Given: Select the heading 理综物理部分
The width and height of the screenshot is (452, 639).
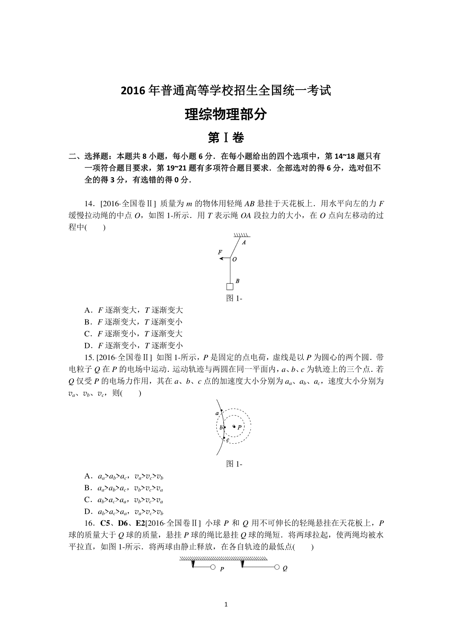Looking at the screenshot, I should (226, 114).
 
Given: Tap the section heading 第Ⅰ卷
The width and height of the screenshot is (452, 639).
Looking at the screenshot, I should (226, 138).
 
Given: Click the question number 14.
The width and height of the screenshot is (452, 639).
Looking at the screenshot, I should (89, 204).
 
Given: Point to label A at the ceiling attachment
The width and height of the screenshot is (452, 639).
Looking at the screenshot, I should (244, 243).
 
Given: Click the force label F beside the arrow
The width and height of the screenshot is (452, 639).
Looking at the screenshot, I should (220, 252).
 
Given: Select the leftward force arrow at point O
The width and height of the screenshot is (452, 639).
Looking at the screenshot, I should (224, 259).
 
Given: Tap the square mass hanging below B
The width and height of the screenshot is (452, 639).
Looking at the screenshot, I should (229, 287).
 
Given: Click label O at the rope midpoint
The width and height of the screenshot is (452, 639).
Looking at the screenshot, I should (235, 259).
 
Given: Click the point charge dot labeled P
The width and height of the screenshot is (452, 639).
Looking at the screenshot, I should (234, 426).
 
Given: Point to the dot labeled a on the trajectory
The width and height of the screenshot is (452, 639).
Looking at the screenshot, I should (221, 410).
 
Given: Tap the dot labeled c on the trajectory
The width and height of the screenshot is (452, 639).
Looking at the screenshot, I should (224, 437).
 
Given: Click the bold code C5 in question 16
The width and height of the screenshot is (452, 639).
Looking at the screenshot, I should (104, 523).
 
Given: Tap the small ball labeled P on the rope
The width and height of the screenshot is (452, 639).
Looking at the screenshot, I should (212, 567).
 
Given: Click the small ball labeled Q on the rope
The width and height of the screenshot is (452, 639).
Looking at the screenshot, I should (277, 567).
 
